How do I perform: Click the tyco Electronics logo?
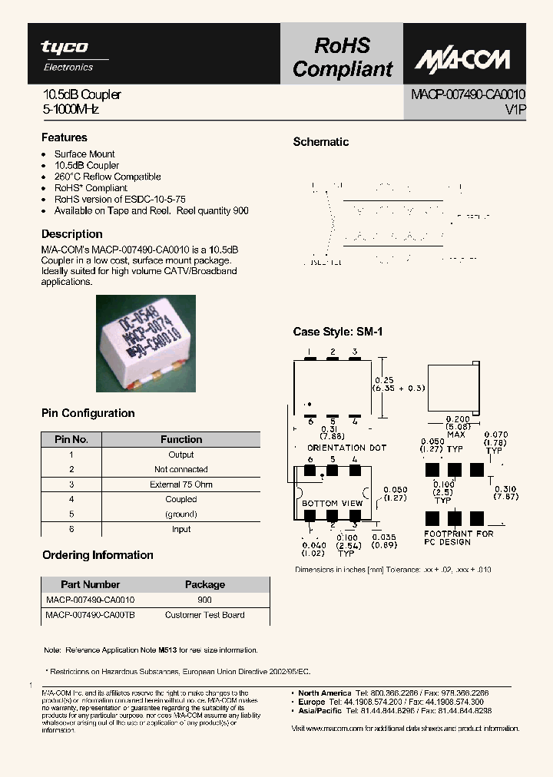pyautogui.click(x=65, y=55)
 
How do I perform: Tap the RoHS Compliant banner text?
pyautogui.click(x=342, y=58)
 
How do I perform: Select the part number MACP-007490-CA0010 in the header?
pyautogui.click(x=468, y=95)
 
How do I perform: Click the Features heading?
pyautogui.click(x=64, y=137)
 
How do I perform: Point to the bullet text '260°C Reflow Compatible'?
pyautogui.click(x=108, y=177)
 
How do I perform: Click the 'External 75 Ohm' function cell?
pyautogui.click(x=181, y=484)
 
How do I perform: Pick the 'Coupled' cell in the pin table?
pyautogui.click(x=181, y=499)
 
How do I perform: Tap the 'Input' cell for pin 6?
pyautogui.click(x=181, y=529)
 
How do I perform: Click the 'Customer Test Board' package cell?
pyautogui.click(x=204, y=615)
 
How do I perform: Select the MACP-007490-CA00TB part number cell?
pyautogui.click(x=90, y=615)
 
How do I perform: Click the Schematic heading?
pyautogui.click(x=321, y=142)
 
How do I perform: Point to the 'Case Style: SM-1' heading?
pyautogui.click(x=337, y=332)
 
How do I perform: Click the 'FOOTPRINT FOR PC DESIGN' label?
pyautogui.click(x=459, y=537)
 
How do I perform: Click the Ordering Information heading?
pyautogui.click(x=98, y=555)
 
